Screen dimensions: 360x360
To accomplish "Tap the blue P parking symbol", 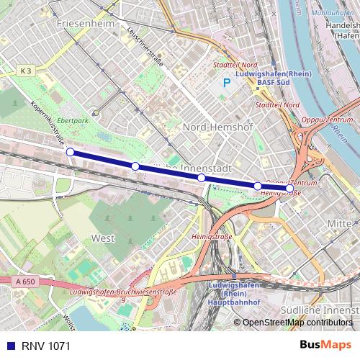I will point(227,83).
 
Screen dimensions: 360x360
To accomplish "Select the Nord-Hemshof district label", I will point(215,127).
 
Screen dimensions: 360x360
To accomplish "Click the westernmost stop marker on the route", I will point(70,152).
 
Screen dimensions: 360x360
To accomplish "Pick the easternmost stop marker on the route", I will point(289,189).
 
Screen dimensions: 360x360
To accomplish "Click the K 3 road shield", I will point(26,70).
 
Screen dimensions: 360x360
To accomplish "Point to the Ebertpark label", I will point(73,121).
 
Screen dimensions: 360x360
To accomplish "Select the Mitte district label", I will point(341,224).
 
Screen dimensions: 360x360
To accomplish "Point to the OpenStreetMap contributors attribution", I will point(297,323).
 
